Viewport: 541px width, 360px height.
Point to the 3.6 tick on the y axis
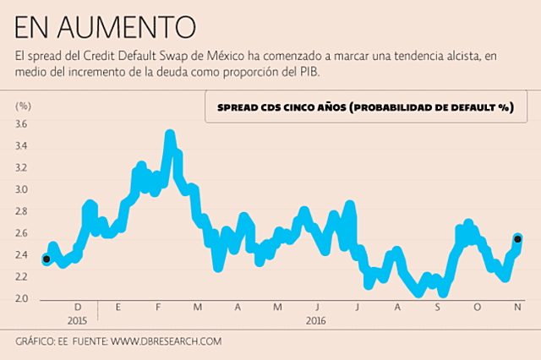coord(22,124)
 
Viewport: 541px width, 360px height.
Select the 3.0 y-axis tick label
coord(22,189)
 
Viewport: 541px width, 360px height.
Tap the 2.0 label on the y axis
coord(22,299)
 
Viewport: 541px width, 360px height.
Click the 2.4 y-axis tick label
coord(22,255)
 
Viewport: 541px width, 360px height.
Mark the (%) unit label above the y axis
coord(23,106)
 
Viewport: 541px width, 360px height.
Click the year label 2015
coord(77,321)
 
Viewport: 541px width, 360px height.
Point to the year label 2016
coord(316,321)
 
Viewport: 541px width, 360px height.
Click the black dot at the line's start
coord(46,259)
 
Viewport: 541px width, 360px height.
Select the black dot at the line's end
coord(517,239)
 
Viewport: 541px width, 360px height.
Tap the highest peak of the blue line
coord(169,135)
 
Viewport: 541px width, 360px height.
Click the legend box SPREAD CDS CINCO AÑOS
coord(365,108)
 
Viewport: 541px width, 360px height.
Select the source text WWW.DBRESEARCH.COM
coord(166,341)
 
